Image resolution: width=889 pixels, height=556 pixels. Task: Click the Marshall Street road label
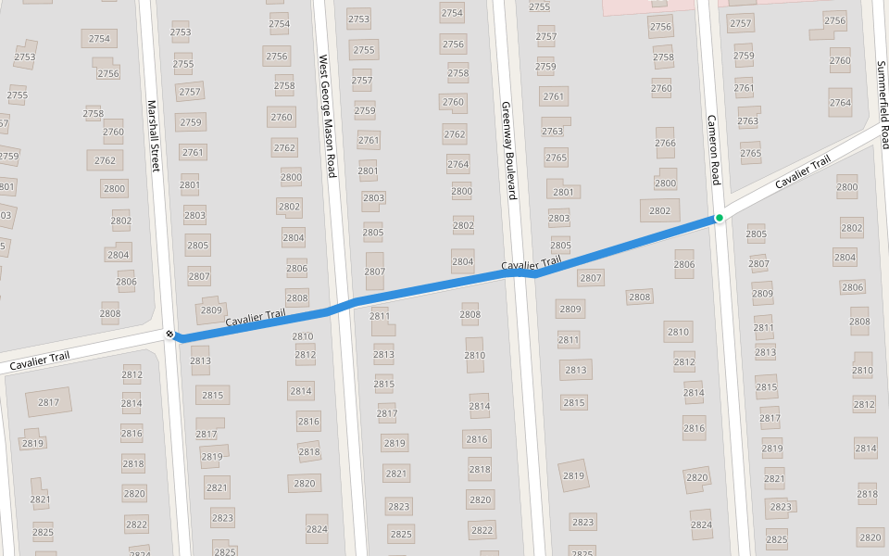pyautogui.click(x=154, y=135)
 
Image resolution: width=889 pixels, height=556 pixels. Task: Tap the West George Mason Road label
pyautogui.click(x=326, y=116)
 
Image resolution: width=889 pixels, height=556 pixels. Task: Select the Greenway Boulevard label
pyautogui.click(x=507, y=151)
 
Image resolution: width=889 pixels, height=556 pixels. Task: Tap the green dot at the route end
pyautogui.click(x=719, y=218)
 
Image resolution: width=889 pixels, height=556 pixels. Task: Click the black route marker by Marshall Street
pyautogui.click(x=169, y=334)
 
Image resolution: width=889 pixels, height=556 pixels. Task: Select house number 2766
pyautogui.click(x=665, y=143)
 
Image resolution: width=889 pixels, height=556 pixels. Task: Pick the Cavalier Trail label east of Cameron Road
pyautogui.click(x=803, y=172)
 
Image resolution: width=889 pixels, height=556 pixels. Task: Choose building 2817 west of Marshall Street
pyautogui.click(x=48, y=402)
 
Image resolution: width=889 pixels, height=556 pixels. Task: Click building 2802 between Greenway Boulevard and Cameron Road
pyautogui.click(x=659, y=211)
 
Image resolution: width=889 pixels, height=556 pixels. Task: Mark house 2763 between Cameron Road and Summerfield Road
pyautogui.click(x=747, y=120)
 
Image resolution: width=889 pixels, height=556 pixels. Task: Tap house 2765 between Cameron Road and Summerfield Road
pyautogui.click(x=750, y=154)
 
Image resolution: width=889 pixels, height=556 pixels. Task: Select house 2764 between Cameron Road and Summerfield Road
pyautogui.click(x=840, y=103)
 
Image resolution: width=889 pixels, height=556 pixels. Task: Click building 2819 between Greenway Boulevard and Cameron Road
pyautogui.click(x=574, y=476)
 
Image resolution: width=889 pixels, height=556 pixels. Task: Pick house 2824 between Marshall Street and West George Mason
pyautogui.click(x=317, y=529)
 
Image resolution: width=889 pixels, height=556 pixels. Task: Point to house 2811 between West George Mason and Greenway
pyautogui.click(x=380, y=316)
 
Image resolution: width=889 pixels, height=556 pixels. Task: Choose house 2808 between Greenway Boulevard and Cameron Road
pyautogui.click(x=639, y=297)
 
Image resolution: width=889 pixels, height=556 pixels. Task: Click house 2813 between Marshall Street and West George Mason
pyautogui.click(x=200, y=360)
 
